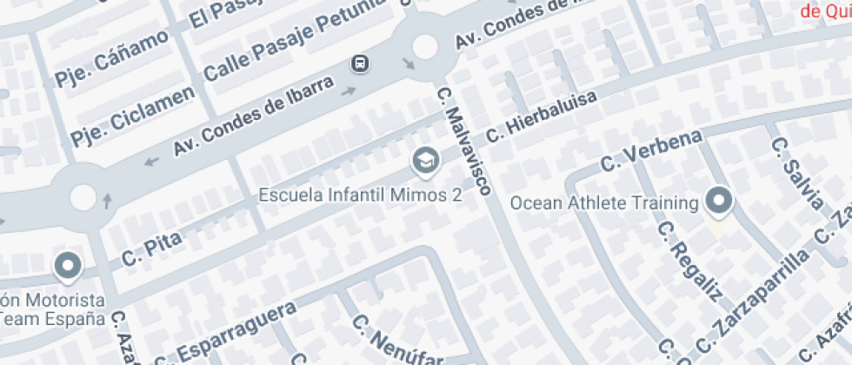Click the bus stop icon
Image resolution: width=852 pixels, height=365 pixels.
(358, 63)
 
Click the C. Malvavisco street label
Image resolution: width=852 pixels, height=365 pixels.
(465, 140)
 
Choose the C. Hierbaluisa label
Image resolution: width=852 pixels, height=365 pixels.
(542, 116)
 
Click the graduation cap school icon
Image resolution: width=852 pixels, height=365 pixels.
(425, 161)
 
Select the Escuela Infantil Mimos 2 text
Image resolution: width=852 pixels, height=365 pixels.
(360, 195)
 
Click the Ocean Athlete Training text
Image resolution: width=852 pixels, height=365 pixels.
(604, 203)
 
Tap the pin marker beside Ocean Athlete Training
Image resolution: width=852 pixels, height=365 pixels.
(719, 202)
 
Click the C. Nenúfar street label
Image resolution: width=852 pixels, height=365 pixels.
(396, 341)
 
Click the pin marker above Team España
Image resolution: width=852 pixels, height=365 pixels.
(68, 266)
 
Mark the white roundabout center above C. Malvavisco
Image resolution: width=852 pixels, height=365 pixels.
(425, 46)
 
